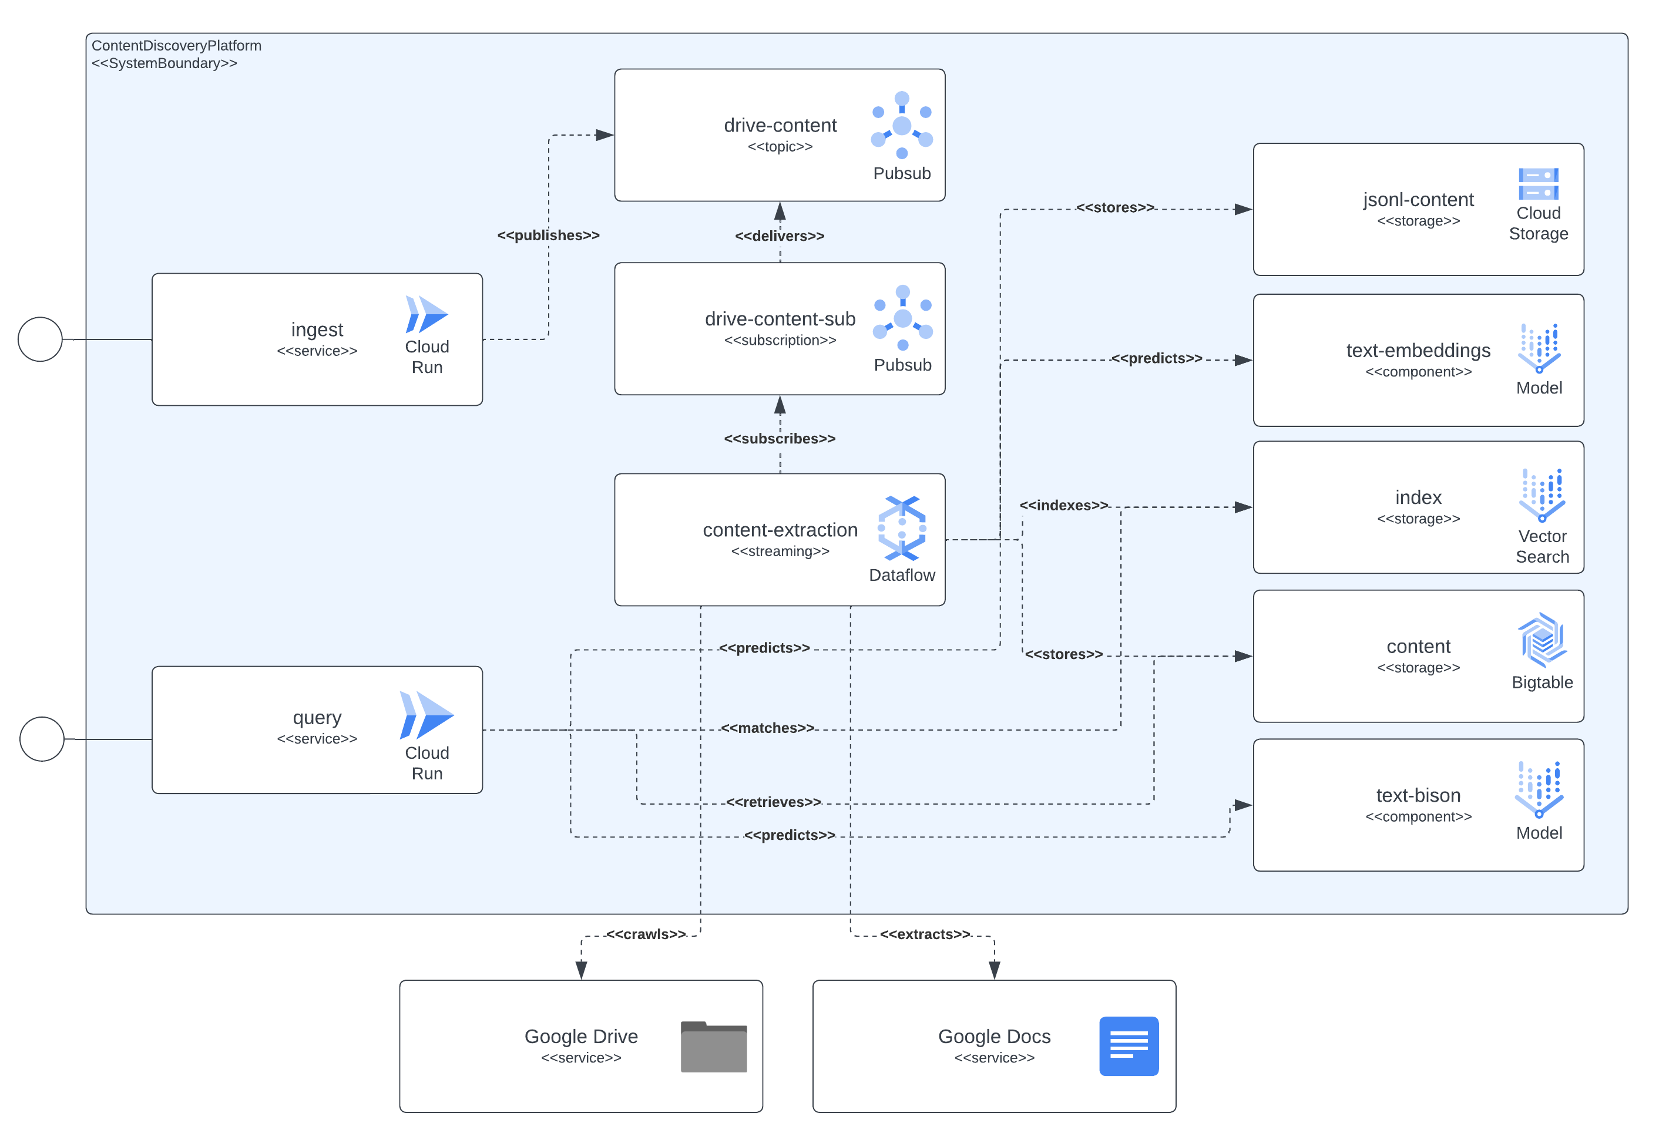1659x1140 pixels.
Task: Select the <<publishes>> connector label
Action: click(548, 235)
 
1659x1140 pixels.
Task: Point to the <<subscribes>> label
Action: click(780, 439)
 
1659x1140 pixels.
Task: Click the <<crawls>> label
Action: click(645, 934)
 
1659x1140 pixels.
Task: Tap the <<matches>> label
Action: click(767, 728)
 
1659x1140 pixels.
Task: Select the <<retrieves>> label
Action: click(773, 802)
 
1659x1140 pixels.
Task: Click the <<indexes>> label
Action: click(1063, 505)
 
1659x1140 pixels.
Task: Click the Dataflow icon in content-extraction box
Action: click(902, 528)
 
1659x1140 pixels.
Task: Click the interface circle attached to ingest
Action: click(40, 339)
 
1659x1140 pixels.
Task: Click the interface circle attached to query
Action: click(42, 739)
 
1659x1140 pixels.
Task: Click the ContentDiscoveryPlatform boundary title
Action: click(176, 46)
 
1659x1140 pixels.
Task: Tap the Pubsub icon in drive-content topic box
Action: click(902, 125)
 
